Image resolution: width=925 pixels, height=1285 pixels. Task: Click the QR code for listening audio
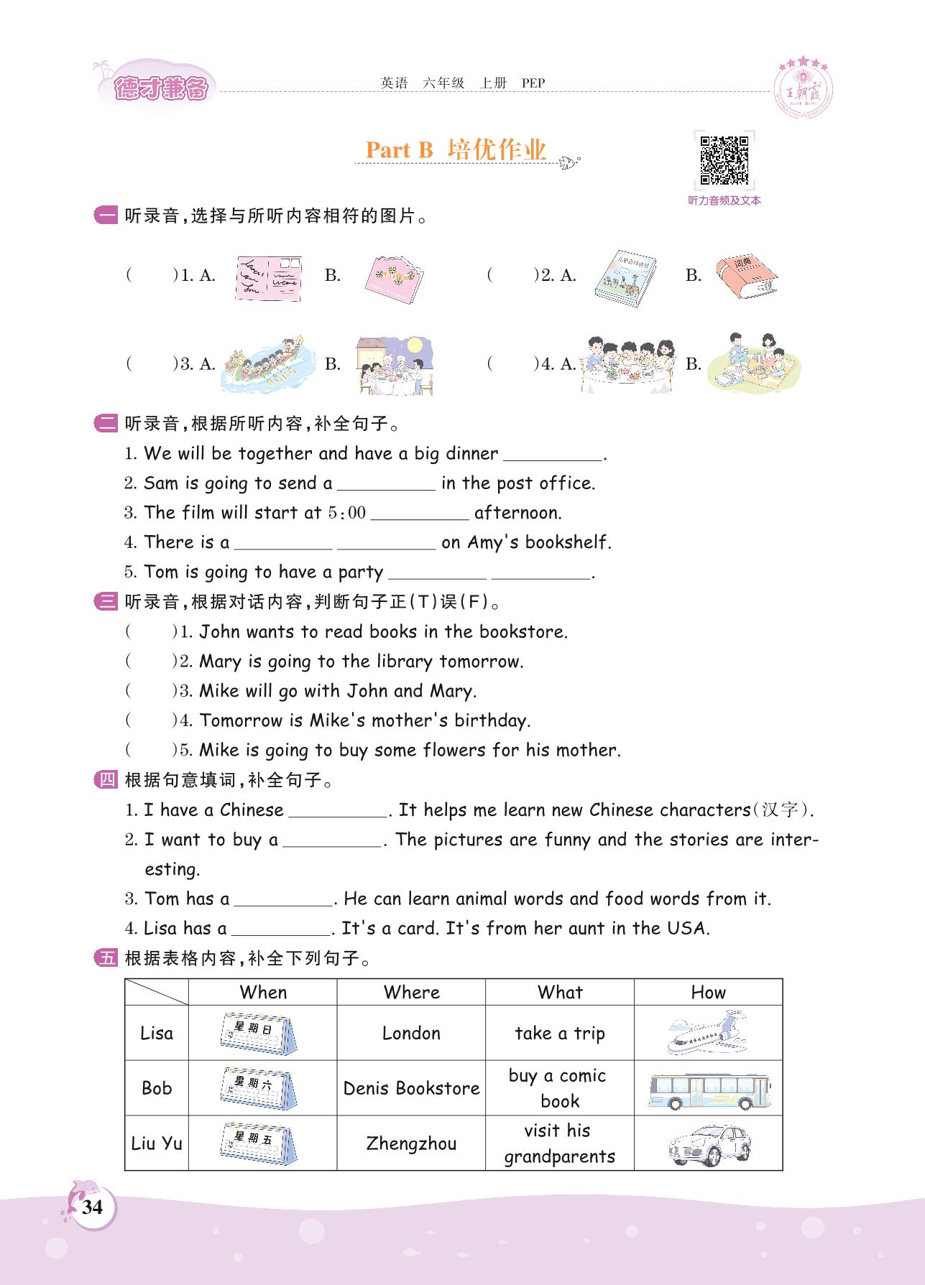[x=724, y=159]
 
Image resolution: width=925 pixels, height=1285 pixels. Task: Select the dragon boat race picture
[x=268, y=363]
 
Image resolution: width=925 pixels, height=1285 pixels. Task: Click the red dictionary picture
[x=746, y=275]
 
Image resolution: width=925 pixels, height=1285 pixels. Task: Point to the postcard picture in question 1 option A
[x=269, y=278]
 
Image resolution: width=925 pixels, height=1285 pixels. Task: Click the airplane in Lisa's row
[x=707, y=1032]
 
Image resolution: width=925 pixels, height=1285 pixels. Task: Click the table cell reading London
[x=411, y=1033]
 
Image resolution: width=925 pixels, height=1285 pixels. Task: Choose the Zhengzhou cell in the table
[x=411, y=1143]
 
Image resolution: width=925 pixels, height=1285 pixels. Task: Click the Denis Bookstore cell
[x=411, y=1088]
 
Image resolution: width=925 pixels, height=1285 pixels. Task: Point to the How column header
[x=708, y=993]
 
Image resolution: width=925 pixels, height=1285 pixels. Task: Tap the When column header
[x=263, y=993]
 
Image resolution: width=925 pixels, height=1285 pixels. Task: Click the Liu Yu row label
[x=157, y=1143]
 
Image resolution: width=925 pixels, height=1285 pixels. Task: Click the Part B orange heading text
[x=400, y=149]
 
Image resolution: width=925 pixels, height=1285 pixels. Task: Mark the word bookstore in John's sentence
[x=523, y=632]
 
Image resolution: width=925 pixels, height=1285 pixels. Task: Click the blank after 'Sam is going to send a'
[x=386, y=484]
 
